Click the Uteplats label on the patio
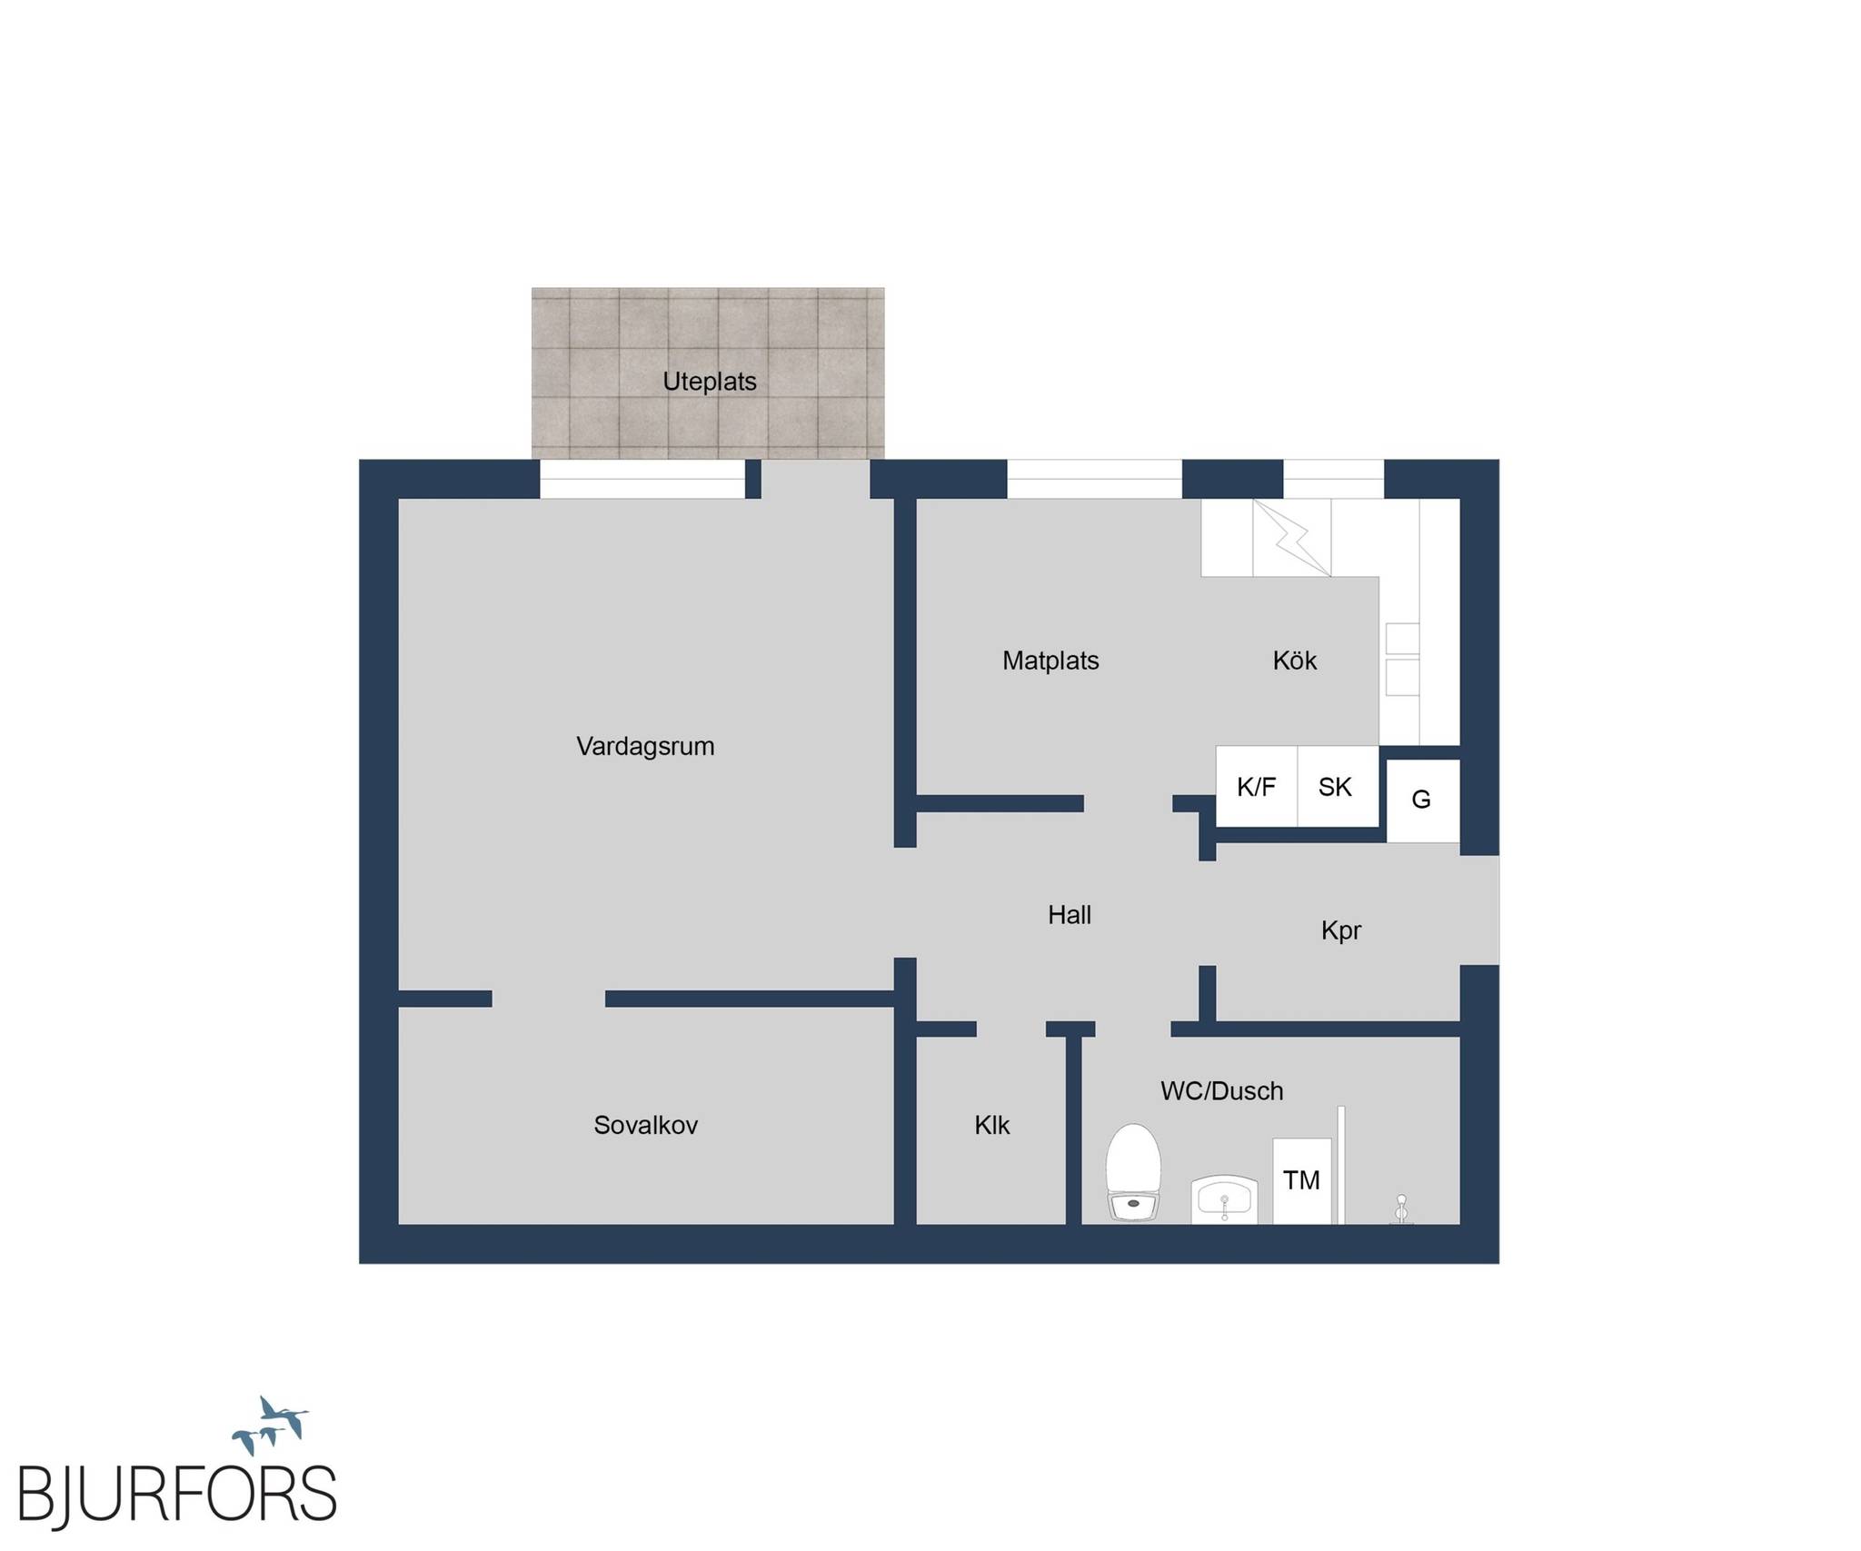[709, 382]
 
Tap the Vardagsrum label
[645, 747]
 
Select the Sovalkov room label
[645, 1126]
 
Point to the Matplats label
[1050, 661]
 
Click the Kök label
[1294, 661]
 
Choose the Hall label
[1070, 915]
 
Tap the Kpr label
[1341, 931]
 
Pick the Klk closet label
[992, 1126]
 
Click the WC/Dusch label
[1222, 1091]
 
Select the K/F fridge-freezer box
[1257, 787]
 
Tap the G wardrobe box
[1422, 800]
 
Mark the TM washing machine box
[1301, 1181]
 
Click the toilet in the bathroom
[1133, 1172]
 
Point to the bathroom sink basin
[1225, 1199]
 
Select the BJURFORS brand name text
[178, 1493]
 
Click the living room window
[642, 479]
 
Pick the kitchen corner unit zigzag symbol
[1291, 537]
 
